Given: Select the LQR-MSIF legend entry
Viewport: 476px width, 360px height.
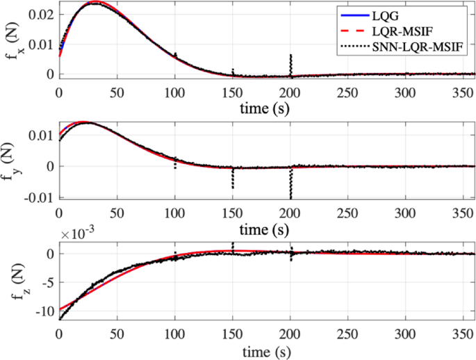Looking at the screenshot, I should tap(402, 31).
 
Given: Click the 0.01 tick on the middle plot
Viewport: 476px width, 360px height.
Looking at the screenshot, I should tap(43, 134).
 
